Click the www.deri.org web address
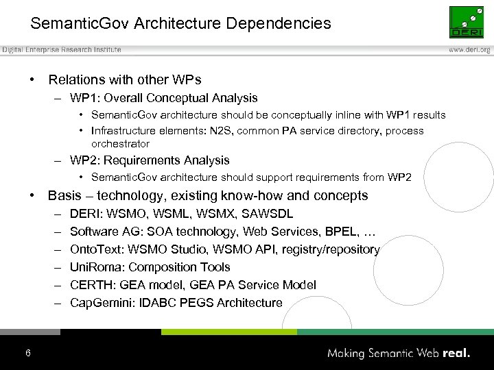pyautogui.click(x=469, y=50)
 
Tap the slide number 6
pyautogui.click(x=27, y=353)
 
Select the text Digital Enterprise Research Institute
pyautogui.click(x=61, y=50)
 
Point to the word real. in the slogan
pyautogui.click(x=456, y=354)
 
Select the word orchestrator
pyautogui.click(x=120, y=144)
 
